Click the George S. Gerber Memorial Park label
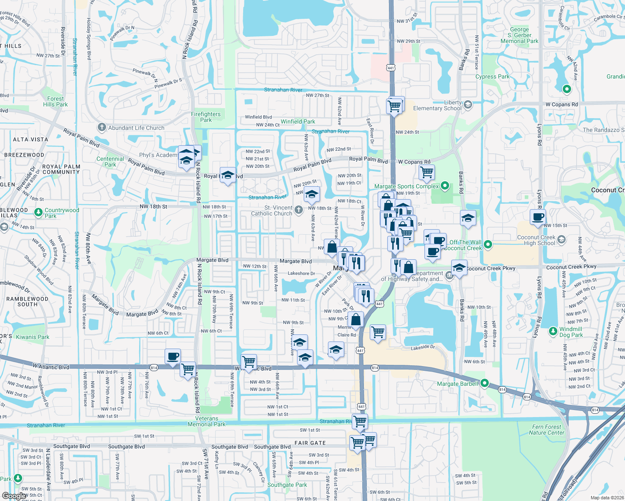519,35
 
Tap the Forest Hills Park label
55,101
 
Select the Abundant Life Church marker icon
102,127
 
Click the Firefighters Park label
206,117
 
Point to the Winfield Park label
298,121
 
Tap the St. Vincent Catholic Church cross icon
298,210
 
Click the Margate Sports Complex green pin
445,186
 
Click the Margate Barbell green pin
485,383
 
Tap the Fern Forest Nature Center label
546,430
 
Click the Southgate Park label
287,485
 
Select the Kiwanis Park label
33,337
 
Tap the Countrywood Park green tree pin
38,213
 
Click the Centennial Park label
110,162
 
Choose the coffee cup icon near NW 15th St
538,217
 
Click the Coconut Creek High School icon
561,240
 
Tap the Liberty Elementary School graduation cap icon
468,104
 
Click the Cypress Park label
492,76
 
